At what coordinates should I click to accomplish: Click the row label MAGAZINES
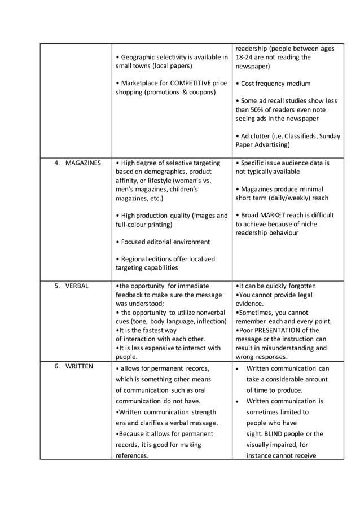83,163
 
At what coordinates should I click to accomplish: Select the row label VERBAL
77,286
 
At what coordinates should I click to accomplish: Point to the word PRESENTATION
283,330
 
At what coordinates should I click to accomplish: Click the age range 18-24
245,57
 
